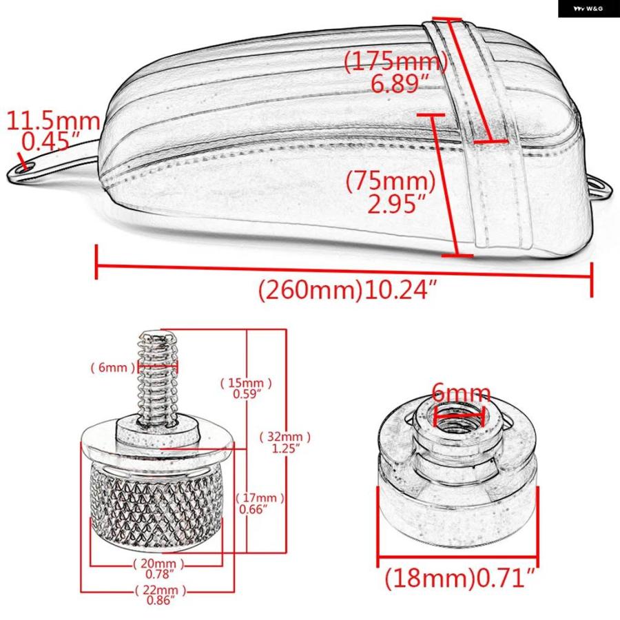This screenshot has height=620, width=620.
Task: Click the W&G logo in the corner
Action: (588, 8)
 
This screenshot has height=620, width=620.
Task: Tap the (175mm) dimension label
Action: (396, 62)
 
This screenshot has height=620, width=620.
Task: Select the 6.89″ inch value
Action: (400, 83)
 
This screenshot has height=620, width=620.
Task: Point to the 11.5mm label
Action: (53, 121)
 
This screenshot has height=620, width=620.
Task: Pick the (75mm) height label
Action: (391, 181)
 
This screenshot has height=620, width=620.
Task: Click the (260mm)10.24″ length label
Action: (348, 290)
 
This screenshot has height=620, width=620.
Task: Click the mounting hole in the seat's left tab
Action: (23, 169)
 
